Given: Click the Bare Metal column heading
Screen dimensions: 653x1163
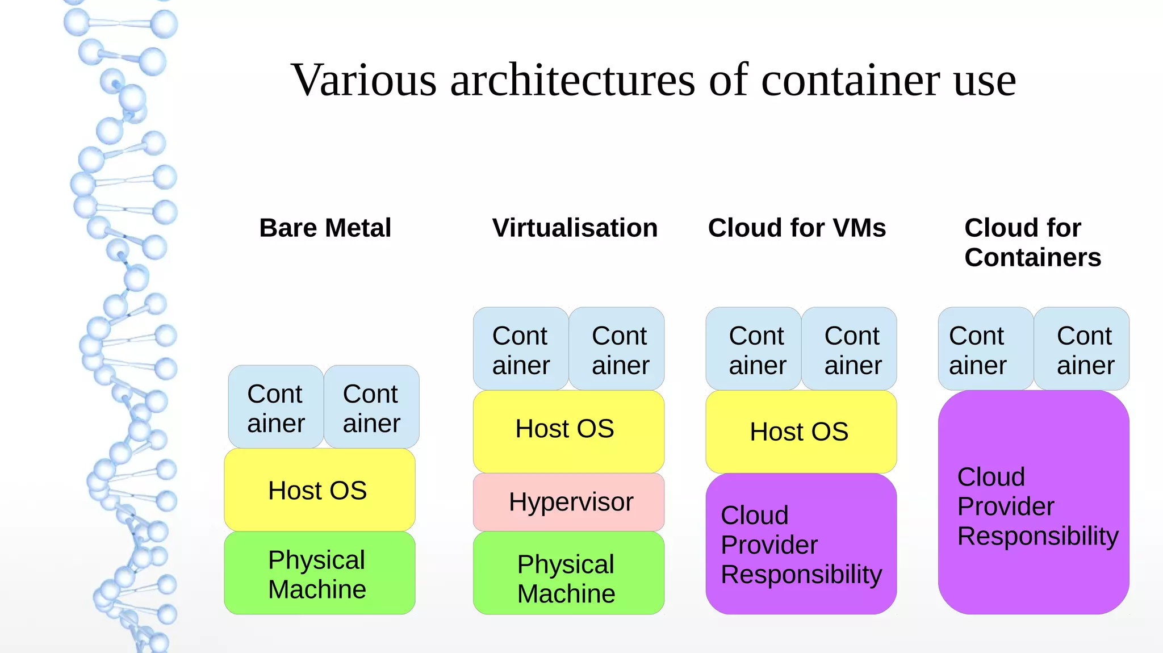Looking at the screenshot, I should coord(325,228).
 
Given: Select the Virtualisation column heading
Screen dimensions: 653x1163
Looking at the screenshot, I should coord(575,228).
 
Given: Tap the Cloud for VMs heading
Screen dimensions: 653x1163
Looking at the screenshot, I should coord(796,228).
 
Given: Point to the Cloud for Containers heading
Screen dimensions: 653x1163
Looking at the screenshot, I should coord(1032,242).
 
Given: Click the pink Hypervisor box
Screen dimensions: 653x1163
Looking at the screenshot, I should coord(568,502).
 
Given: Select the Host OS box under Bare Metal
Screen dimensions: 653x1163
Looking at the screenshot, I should coord(319,490).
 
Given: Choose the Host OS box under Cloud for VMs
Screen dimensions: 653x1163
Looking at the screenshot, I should coord(801,432).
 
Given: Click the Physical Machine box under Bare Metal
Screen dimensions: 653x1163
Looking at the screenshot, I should coord(319,574).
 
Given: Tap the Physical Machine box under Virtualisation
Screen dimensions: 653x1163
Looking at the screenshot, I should coord(568,574).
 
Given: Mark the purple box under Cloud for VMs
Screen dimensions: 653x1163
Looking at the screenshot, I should coord(801,544).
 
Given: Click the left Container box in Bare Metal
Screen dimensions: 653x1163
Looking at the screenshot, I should coord(276,407).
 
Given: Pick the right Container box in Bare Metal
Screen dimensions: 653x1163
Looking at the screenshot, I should coord(371,407).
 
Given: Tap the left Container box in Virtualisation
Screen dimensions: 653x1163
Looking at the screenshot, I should coord(521,349).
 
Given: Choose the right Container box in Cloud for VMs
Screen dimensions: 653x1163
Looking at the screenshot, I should coord(850,349).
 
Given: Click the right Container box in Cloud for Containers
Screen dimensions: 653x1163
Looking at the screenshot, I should coord(1082,349).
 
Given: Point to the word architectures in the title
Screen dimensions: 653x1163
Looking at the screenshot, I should coord(572,79).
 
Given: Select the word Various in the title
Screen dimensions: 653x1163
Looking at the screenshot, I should coord(363,79).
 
